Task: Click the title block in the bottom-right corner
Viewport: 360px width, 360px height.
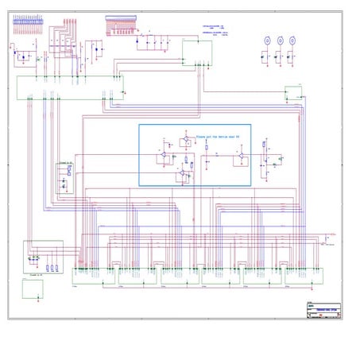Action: pos(323,310)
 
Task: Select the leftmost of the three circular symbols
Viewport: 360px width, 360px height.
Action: pos(268,39)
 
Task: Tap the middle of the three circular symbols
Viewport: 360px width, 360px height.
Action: pos(280,39)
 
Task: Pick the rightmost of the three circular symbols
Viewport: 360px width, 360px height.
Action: pos(292,39)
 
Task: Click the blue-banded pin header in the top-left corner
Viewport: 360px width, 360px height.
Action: pos(27,21)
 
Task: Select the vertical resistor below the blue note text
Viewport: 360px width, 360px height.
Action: pos(207,147)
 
